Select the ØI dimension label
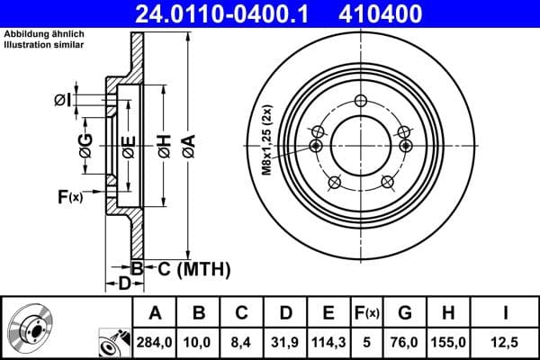pos(61,98)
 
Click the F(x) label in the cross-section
pos(69,197)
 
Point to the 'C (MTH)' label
pos(194,268)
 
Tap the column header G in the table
pos(404,312)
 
